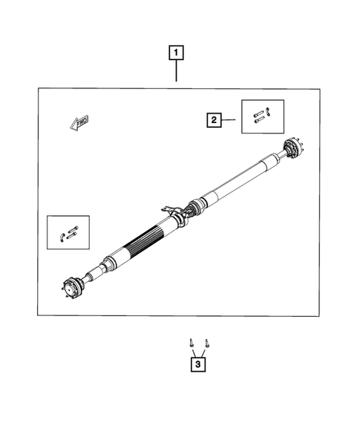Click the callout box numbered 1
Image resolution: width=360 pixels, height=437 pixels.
coord(176,53)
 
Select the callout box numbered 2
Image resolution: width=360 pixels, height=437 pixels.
coord(214,119)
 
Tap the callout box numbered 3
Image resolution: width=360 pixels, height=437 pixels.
coord(198,364)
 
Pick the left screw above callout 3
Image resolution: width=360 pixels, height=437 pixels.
coord(191,343)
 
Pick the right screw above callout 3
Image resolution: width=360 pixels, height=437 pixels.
coord(206,343)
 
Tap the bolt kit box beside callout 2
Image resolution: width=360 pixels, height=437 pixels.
coord(263,116)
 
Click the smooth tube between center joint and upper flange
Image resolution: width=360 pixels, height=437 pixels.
coord(238,183)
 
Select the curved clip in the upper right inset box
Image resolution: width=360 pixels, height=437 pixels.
coord(269,112)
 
